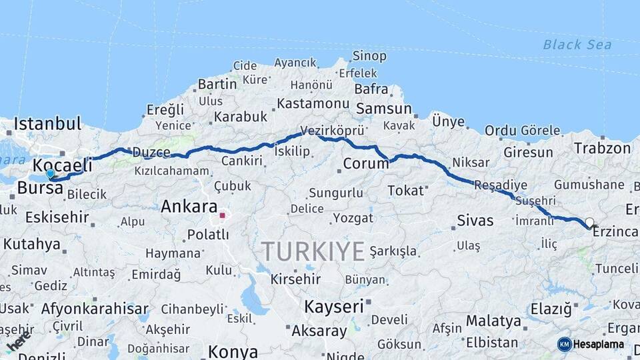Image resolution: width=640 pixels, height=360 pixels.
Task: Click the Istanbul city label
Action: click(x=47, y=124)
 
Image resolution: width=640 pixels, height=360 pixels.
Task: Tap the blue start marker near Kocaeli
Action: click(x=50, y=174)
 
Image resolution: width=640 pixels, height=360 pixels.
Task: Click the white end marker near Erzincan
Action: click(x=589, y=222)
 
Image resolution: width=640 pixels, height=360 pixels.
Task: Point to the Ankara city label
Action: click(x=189, y=207)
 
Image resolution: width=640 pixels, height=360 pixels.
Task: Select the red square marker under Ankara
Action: click(x=222, y=215)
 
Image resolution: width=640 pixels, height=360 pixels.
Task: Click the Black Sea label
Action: click(x=577, y=45)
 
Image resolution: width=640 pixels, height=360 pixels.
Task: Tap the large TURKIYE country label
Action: click(x=313, y=251)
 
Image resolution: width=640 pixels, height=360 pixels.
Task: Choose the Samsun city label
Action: click(x=383, y=109)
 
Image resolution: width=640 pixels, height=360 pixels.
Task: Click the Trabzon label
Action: click(x=602, y=148)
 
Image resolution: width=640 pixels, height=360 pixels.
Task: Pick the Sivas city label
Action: click(x=475, y=221)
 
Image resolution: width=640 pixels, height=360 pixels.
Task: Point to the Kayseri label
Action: click(x=334, y=307)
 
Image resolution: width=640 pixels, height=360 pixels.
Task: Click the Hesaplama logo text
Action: click(x=599, y=344)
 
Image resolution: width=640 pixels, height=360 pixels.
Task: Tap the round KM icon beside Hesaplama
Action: click(x=564, y=344)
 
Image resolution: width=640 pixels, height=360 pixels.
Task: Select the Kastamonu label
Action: click(x=313, y=104)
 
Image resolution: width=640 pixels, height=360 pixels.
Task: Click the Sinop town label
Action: click(x=369, y=57)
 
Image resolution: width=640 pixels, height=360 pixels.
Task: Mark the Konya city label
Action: click(x=233, y=351)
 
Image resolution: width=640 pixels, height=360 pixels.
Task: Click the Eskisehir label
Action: click(x=57, y=217)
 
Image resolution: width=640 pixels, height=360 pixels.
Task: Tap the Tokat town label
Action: click(x=405, y=191)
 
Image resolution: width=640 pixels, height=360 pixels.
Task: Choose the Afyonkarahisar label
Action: click(x=95, y=309)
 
